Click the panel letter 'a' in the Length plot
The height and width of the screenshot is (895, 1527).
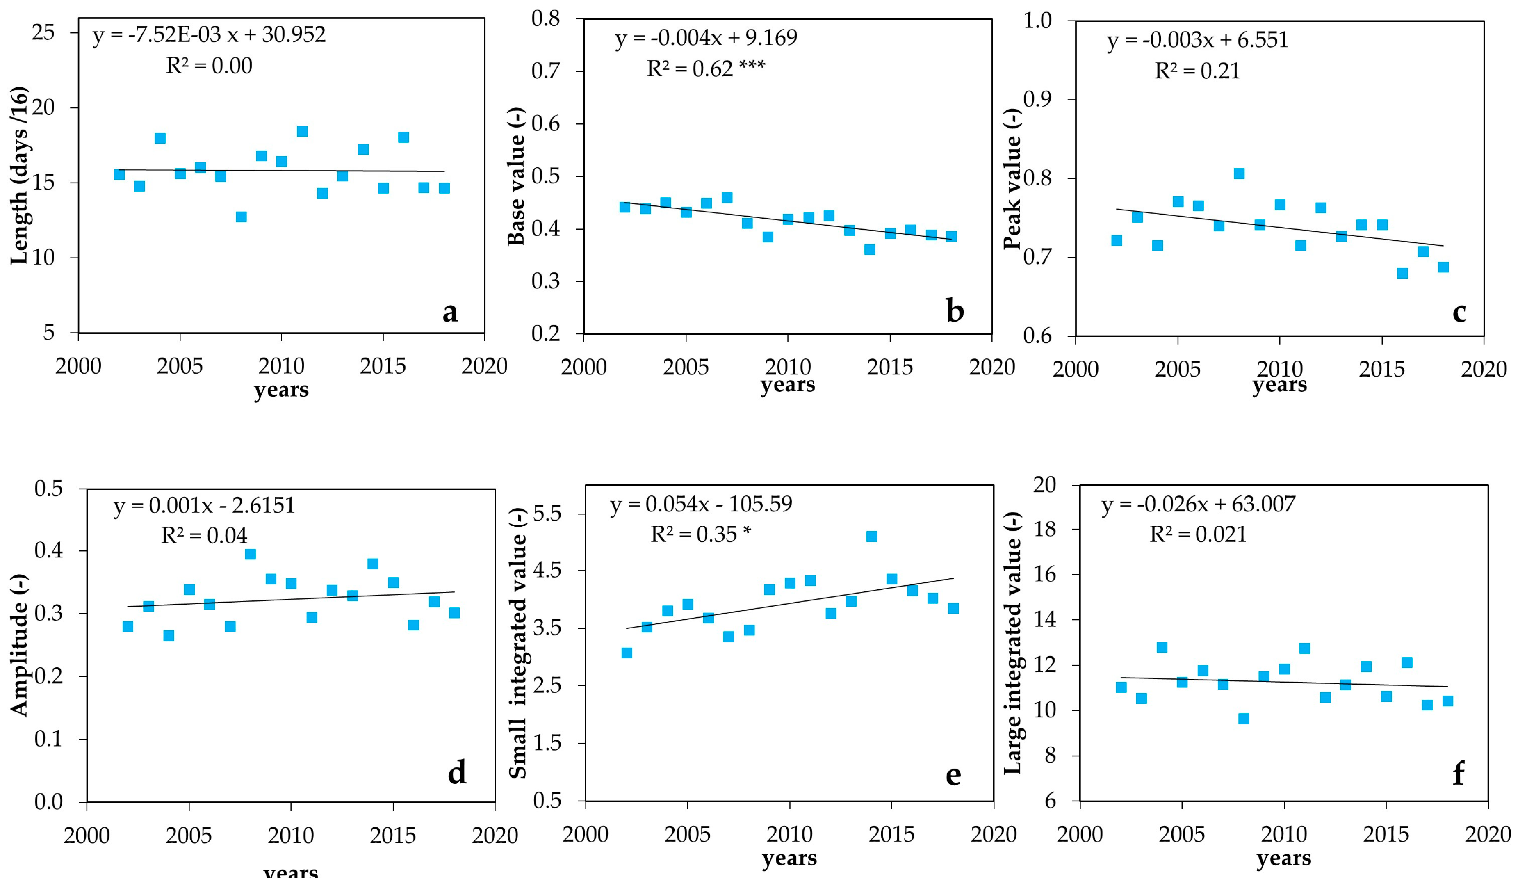pos(450,312)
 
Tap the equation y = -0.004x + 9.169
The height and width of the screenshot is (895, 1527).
pos(706,38)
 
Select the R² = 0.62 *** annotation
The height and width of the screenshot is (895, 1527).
pos(706,69)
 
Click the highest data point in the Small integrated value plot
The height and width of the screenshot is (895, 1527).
pos(871,536)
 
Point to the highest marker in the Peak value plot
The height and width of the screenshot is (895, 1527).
pos(1239,174)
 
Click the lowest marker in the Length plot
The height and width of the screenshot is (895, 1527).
pos(241,217)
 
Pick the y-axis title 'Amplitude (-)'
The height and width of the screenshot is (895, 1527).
pos(19,645)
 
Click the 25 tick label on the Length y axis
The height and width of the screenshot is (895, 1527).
pos(43,33)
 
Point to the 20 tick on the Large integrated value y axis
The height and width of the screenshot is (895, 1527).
pos(1044,485)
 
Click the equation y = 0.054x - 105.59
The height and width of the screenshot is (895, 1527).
pos(701,504)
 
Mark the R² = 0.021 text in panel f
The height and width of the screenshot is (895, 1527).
pos(1198,534)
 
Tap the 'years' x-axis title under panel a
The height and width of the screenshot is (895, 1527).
pos(281,390)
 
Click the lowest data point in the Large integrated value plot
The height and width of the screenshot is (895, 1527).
pos(1243,719)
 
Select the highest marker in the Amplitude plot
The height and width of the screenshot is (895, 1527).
pos(250,554)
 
